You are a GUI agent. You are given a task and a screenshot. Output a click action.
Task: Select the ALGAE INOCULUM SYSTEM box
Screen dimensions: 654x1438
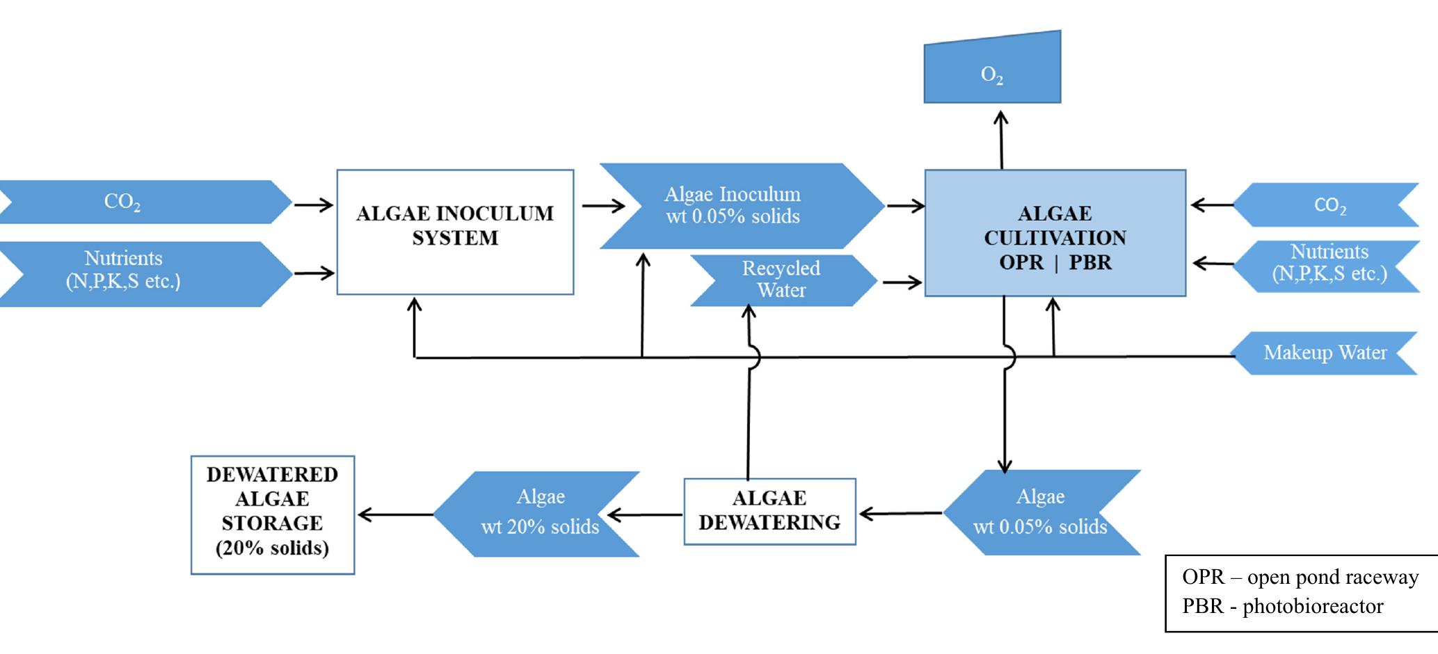coord(455,231)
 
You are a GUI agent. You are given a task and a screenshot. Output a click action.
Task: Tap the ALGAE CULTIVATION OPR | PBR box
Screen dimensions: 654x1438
coord(1055,233)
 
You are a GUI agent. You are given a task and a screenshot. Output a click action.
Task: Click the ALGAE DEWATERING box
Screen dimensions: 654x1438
coord(769,511)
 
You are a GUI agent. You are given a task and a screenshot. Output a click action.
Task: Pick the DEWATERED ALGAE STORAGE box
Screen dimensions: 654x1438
coord(272,514)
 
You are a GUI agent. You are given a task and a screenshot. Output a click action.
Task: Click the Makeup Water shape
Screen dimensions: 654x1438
coord(1325,353)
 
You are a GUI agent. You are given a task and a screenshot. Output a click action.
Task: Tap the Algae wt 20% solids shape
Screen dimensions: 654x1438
coord(539,514)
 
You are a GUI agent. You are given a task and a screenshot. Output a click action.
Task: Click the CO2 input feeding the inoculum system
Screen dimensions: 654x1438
coord(139,202)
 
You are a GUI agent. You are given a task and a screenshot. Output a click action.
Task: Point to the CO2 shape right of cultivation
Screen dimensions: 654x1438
coord(1329,205)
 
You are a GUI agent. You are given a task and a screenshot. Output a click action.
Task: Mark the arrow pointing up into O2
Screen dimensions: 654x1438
coord(1001,139)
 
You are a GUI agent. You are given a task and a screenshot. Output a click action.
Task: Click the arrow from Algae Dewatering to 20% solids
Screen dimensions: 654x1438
coord(644,515)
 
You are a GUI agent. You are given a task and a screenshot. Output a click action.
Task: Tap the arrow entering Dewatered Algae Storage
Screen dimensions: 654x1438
coord(394,515)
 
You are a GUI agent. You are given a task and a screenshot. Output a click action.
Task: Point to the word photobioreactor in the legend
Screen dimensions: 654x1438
coord(1313,606)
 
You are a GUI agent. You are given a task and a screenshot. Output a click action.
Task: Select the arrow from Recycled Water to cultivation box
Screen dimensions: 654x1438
coord(902,283)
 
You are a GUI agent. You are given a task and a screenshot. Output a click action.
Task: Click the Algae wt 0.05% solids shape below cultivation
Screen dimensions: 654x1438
coord(1040,513)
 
